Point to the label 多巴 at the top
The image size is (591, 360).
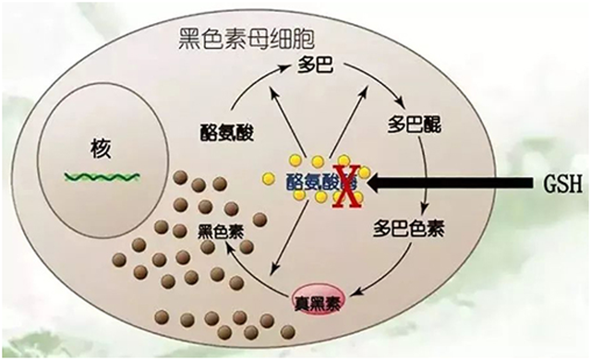(x=314, y=66)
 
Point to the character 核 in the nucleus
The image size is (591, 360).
(x=101, y=149)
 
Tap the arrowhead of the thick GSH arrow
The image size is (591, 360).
(x=375, y=184)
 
